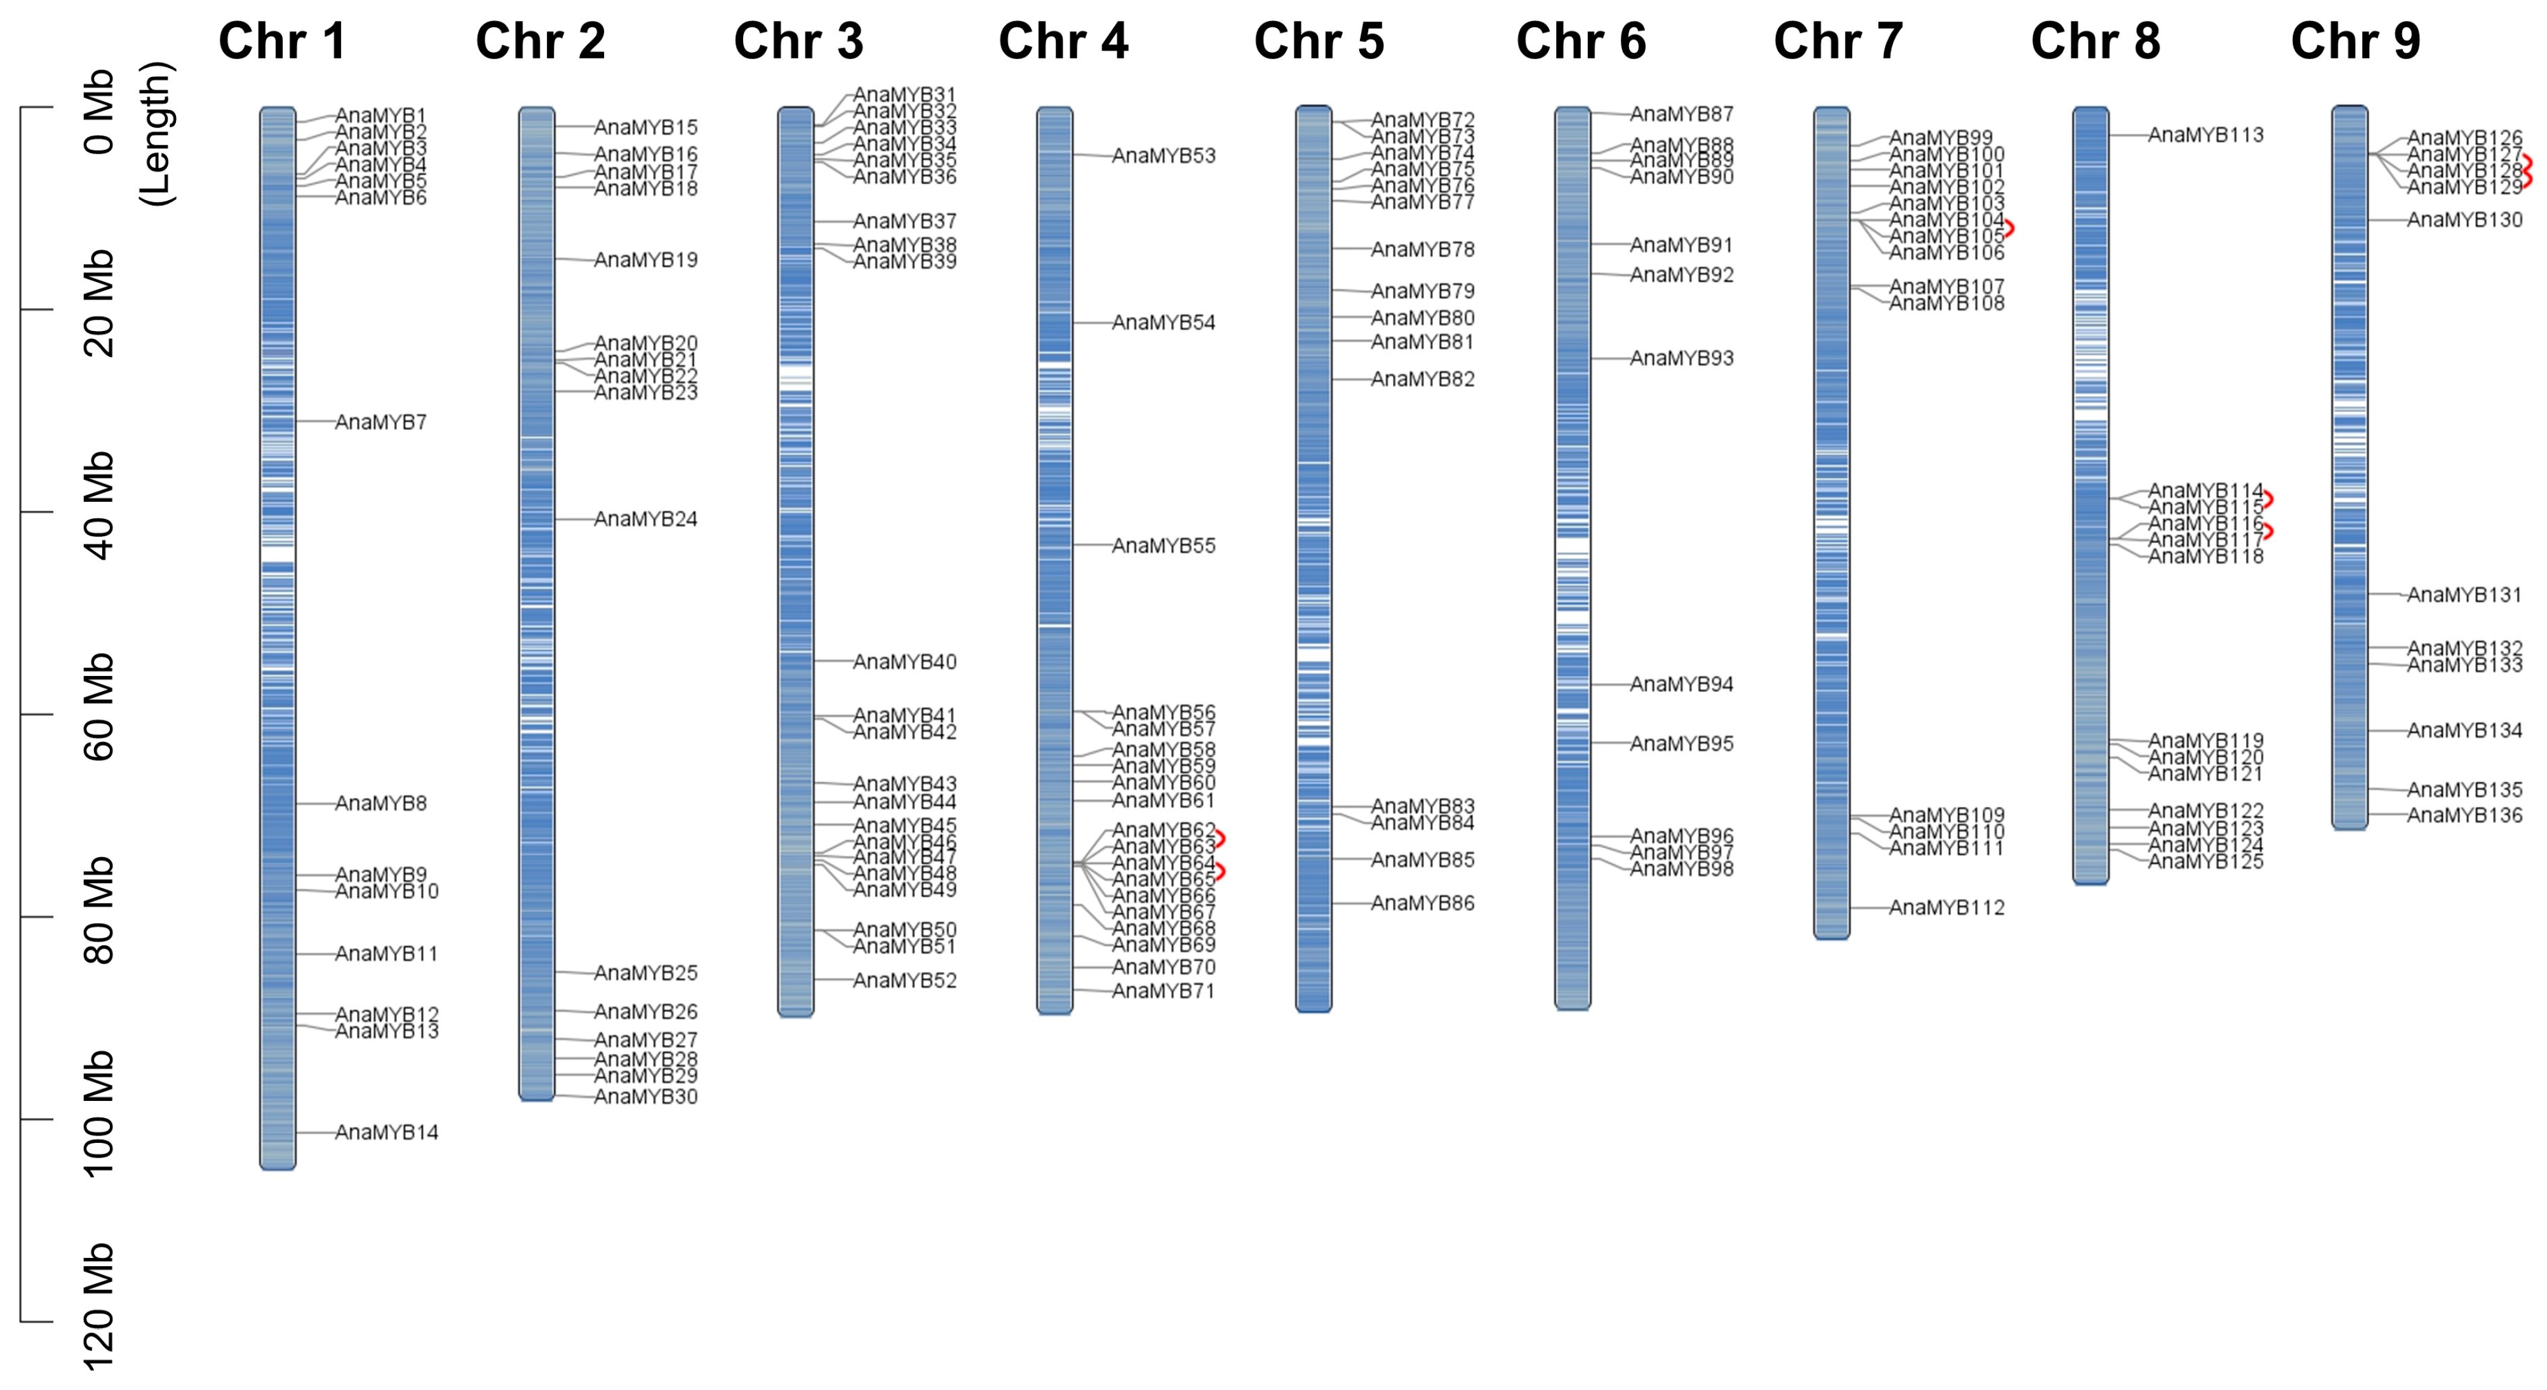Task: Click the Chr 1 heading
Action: pyautogui.click(x=283, y=41)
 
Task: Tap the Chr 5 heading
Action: pyautogui.click(x=1319, y=41)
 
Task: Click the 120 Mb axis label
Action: pyautogui.click(x=99, y=1307)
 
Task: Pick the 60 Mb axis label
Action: pyautogui.click(x=99, y=707)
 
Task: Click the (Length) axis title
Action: pyautogui.click(x=156, y=133)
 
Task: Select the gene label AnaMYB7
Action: pyautogui.click(x=380, y=422)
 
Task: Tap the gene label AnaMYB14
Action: pyautogui.click(x=387, y=1132)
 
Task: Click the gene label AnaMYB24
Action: pyautogui.click(x=646, y=519)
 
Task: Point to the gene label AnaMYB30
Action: pyautogui.click(x=646, y=1096)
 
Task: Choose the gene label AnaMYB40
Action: pyautogui.click(x=904, y=661)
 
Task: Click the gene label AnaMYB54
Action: pyautogui.click(x=1164, y=322)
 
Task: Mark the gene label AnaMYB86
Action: pyautogui.click(x=1423, y=903)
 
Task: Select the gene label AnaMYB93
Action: pyautogui.click(x=1682, y=358)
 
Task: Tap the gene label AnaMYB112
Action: pyautogui.click(x=1947, y=908)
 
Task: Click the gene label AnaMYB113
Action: pyautogui.click(x=2206, y=135)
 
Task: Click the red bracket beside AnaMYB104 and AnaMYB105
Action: pyautogui.click(x=2009, y=228)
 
